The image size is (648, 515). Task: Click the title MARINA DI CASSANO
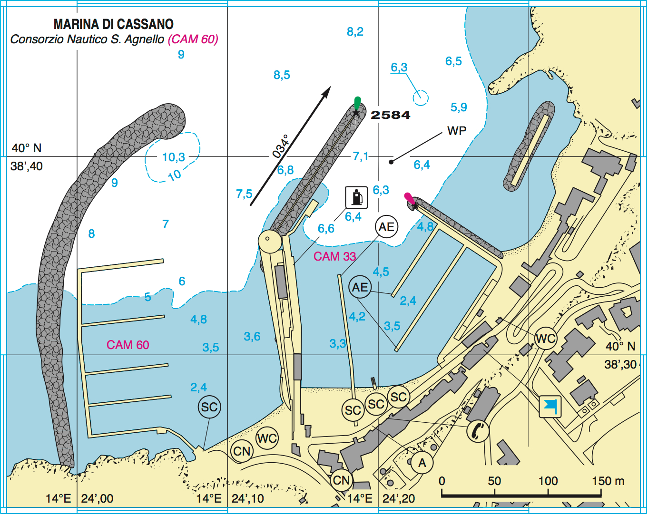pos(113,24)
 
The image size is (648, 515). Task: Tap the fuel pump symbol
pos(356,197)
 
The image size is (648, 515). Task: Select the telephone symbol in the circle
pos(477,430)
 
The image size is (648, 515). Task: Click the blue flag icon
pos(550,407)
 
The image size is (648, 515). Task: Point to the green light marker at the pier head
pos(357,103)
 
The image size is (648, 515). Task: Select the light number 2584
pos(390,115)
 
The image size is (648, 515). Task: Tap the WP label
pos(457,131)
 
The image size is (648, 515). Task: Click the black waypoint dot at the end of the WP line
pos(391,162)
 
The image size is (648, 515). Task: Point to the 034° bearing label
pos(281,146)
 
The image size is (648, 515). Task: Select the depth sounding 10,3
pos(173,157)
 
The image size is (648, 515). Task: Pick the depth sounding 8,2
pos(355,32)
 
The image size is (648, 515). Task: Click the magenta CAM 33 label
pos(334,256)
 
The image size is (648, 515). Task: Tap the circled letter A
pos(422,462)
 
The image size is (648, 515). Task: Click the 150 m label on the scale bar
pos(608,481)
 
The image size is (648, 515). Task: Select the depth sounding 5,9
pos(459,107)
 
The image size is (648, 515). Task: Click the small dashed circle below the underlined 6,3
pos(420,97)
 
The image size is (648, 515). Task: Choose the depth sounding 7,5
pos(244,194)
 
